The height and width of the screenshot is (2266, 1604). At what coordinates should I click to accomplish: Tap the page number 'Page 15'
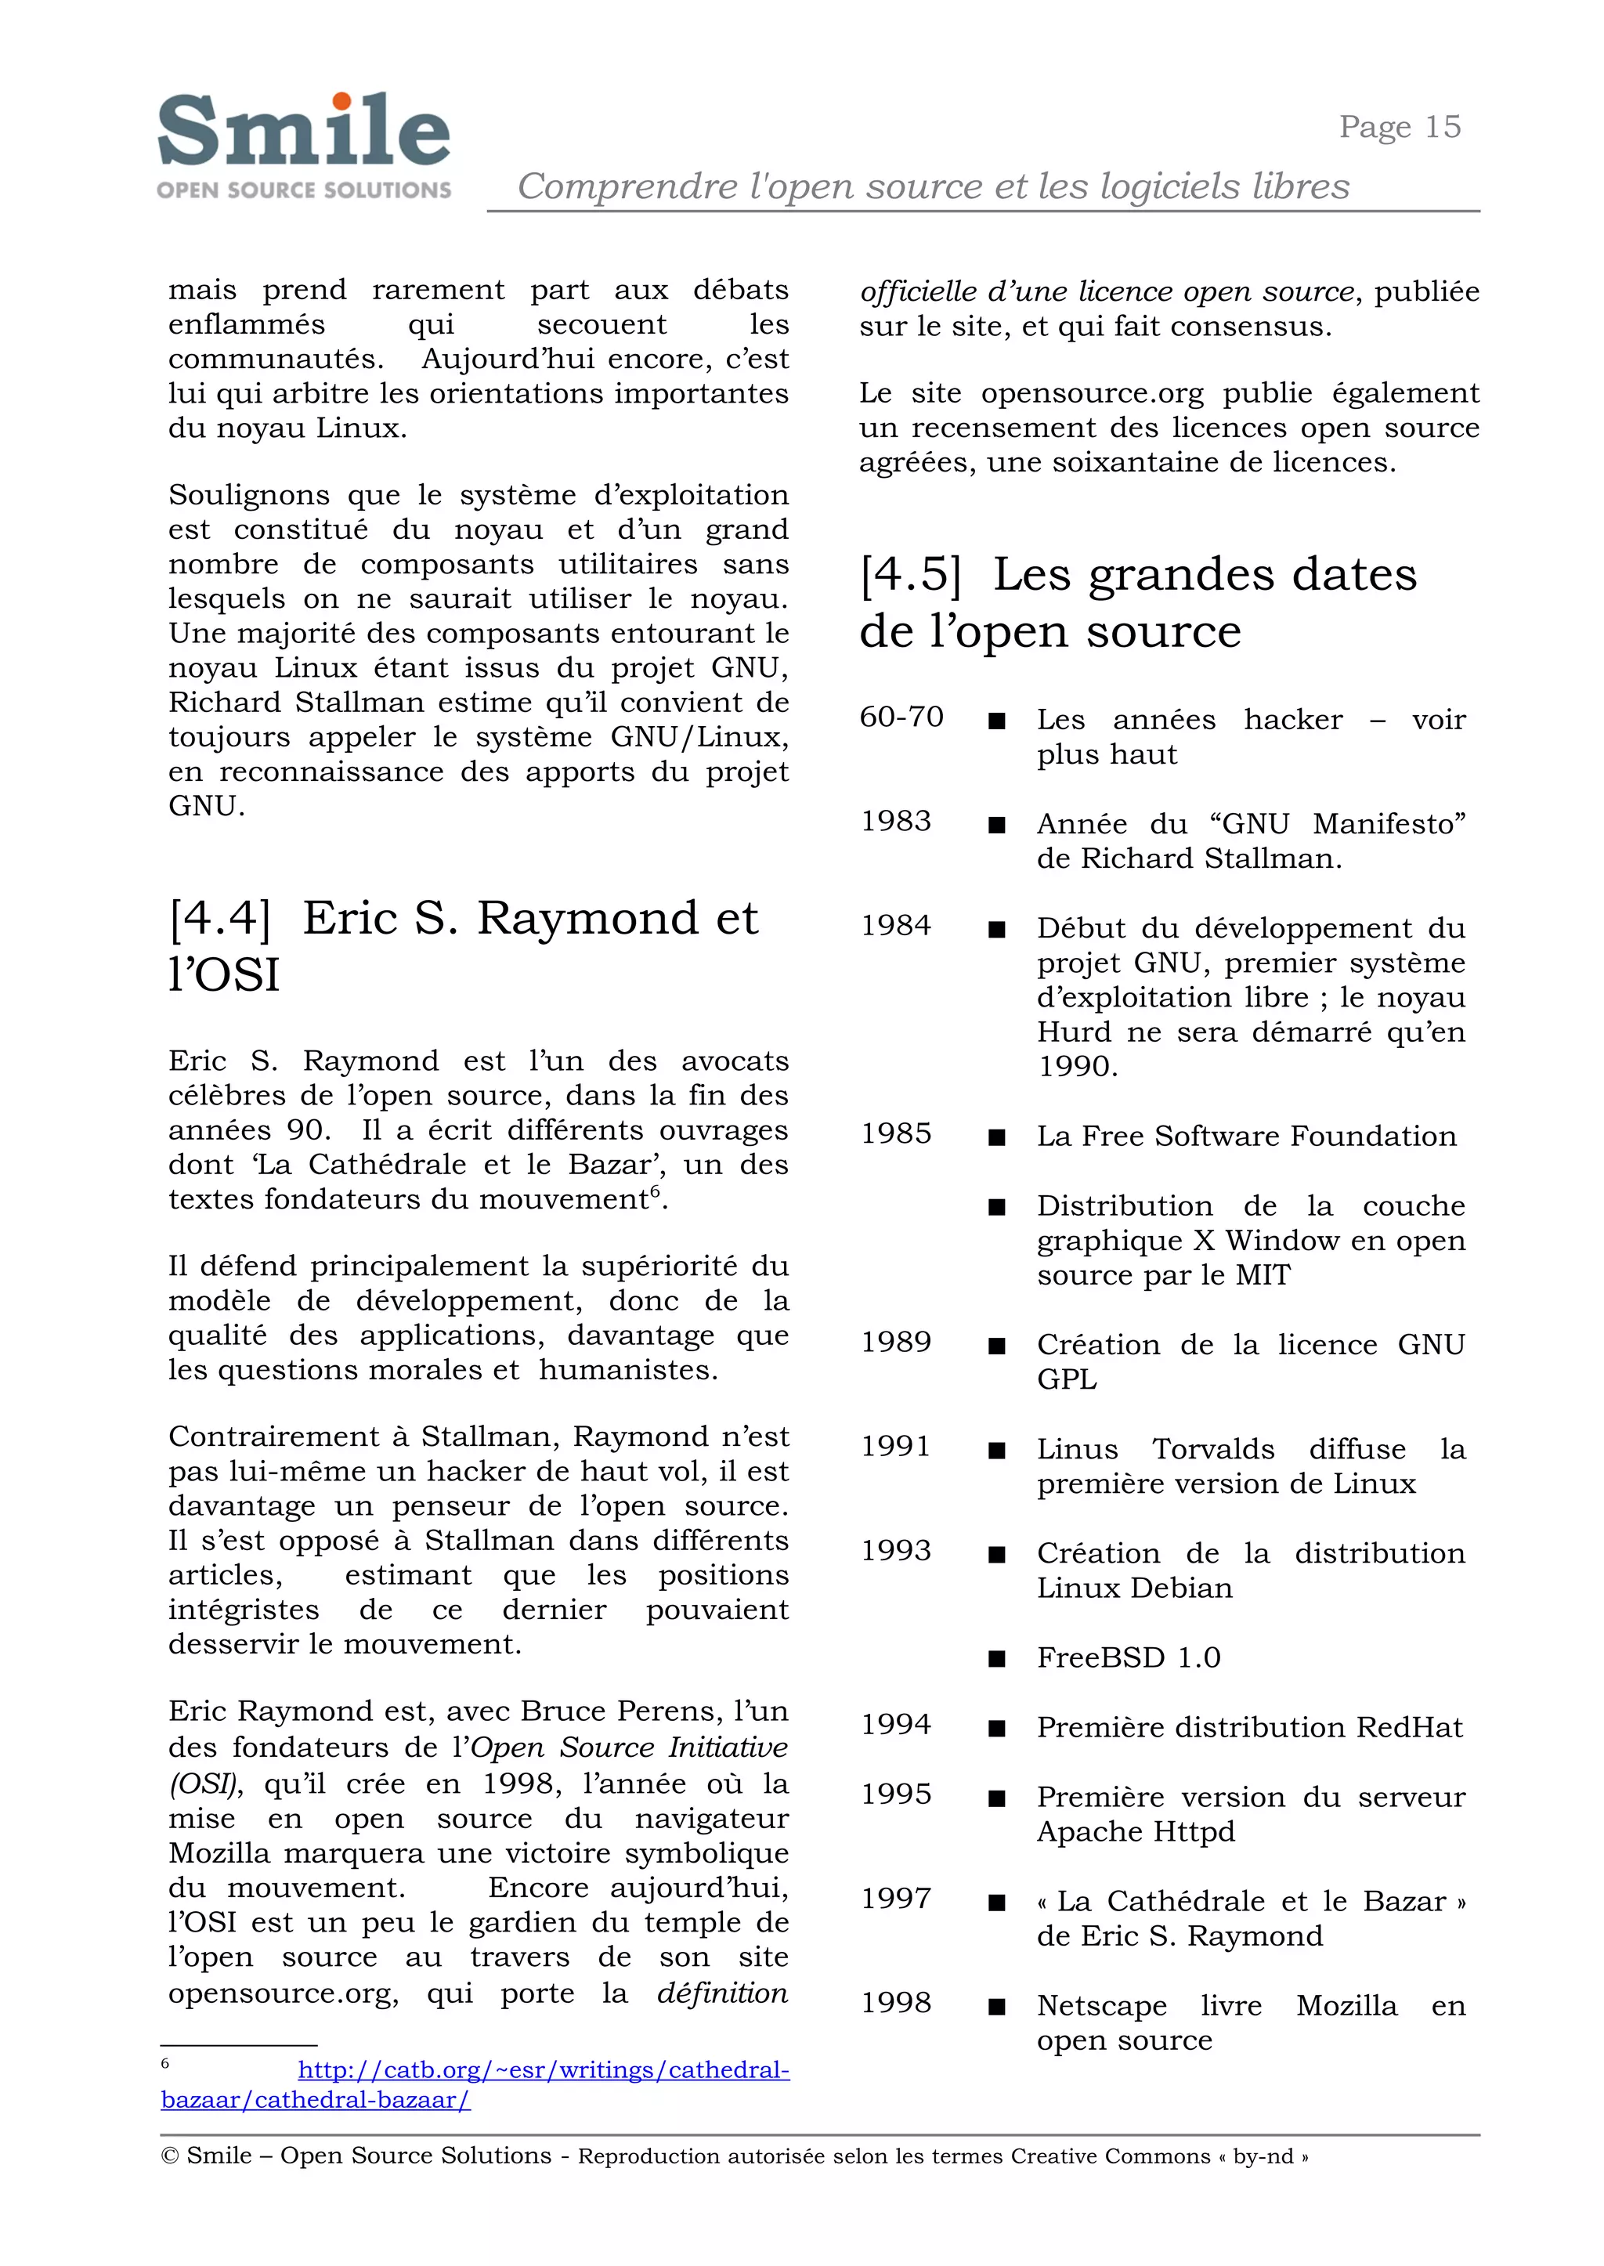click(1399, 128)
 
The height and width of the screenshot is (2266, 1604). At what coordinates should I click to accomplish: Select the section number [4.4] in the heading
click(219, 919)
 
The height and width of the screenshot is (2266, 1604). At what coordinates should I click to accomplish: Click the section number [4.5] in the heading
click(909, 575)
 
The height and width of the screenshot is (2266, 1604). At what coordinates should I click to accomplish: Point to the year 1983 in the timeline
click(896, 821)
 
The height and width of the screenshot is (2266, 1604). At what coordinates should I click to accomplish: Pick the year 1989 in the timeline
click(896, 1342)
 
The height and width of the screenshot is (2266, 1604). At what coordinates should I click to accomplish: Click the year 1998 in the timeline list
click(896, 2002)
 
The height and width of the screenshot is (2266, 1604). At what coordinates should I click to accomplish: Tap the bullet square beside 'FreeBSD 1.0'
click(998, 1658)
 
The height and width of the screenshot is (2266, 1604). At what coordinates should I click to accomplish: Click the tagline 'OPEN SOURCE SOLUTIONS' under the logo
click(303, 190)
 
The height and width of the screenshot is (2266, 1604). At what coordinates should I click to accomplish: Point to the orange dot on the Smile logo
click(341, 101)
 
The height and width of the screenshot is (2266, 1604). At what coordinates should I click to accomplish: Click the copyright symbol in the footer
click(169, 2156)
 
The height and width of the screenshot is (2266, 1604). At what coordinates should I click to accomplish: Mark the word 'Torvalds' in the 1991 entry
click(1213, 1449)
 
